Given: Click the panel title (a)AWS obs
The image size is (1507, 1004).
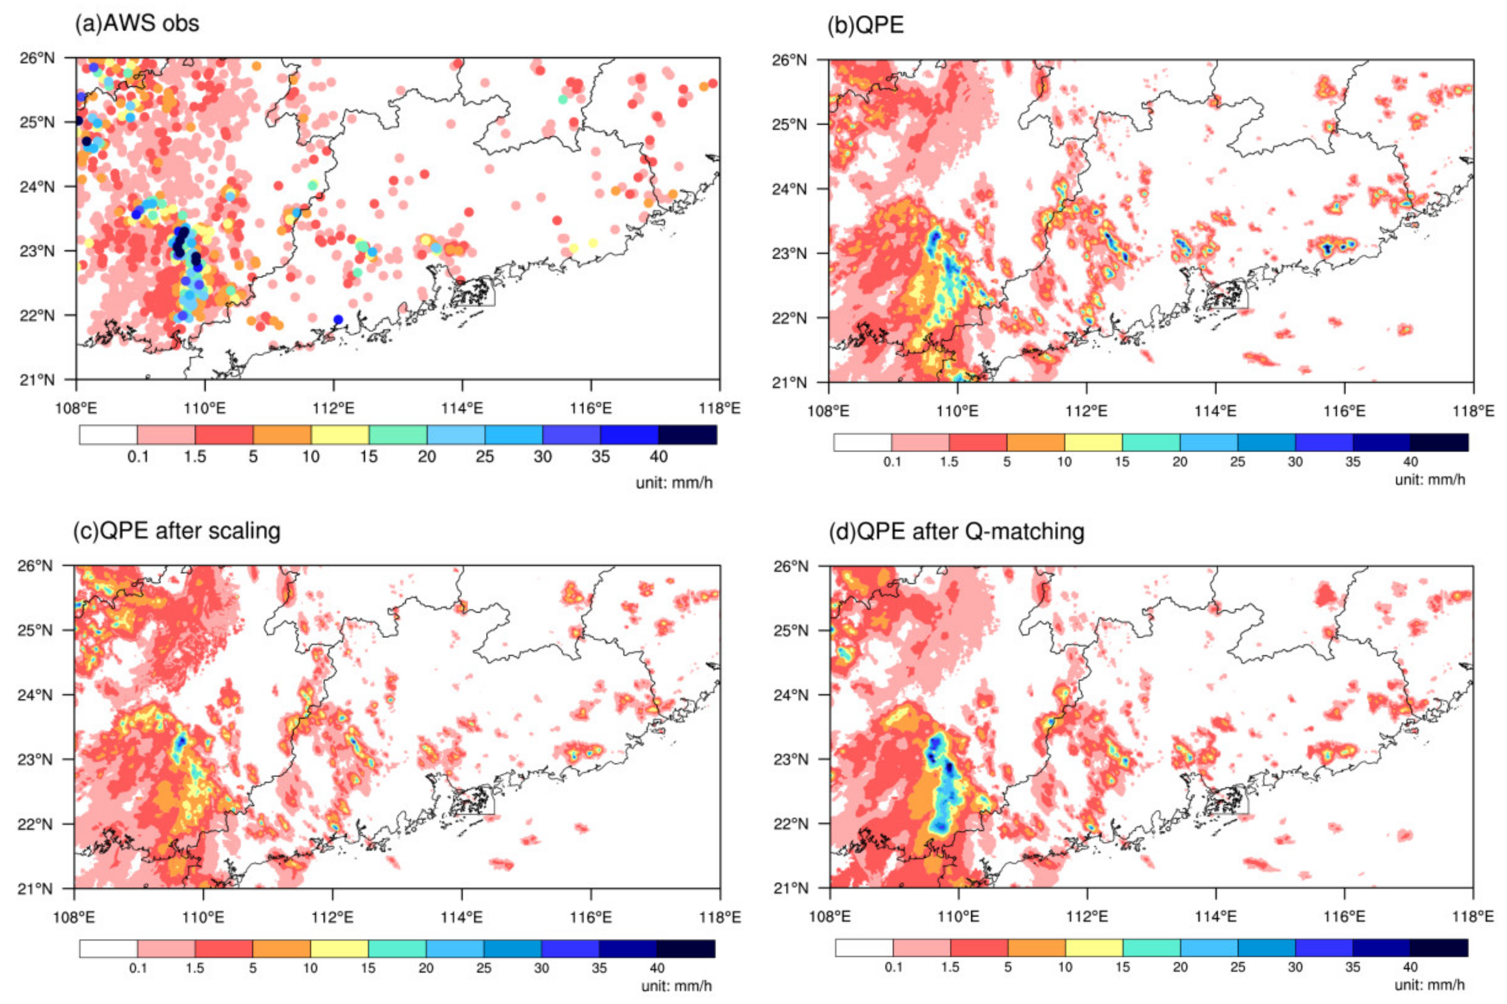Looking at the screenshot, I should [x=137, y=23].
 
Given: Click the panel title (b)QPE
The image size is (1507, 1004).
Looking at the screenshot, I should [x=865, y=24].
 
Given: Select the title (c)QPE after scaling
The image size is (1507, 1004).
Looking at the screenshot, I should [x=177, y=531].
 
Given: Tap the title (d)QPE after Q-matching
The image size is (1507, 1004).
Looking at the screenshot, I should [x=956, y=531].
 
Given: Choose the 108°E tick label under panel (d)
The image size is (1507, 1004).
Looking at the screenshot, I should [x=829, y=917].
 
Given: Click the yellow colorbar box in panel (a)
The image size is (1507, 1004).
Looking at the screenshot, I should [x=340, y=435].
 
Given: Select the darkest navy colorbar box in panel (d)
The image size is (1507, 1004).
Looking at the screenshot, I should [x=1438, y=948].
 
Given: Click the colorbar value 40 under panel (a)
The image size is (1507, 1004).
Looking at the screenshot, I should [x=658, y=456].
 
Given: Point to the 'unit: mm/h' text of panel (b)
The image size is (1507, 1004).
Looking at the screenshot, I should [x=1430, y=479].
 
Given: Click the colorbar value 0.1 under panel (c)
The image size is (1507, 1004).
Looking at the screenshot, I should [x=138, y=968].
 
